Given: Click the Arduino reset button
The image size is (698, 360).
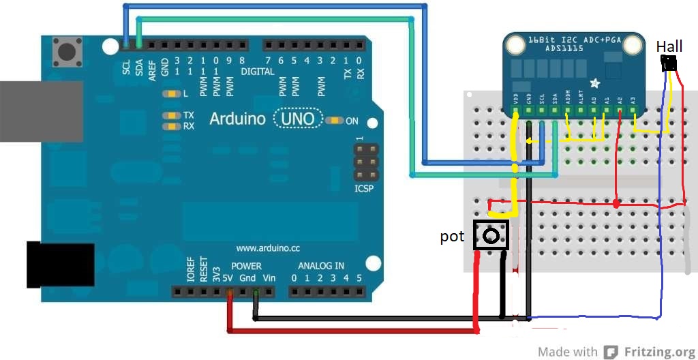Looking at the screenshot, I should (66, 51).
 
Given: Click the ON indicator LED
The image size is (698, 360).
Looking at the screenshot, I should (334, 121).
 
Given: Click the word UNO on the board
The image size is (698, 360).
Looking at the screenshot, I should (298, 119).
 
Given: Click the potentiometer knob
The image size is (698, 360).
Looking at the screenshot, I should (491, 237).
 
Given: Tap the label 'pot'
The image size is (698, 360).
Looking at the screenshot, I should (452, 237).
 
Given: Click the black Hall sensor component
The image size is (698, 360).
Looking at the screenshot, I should (669, 63).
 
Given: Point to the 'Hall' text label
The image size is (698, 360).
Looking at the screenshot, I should (669, 46).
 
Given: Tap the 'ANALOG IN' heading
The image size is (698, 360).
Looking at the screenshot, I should (320, 265).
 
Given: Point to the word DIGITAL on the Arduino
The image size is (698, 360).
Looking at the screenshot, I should (258, 72).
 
